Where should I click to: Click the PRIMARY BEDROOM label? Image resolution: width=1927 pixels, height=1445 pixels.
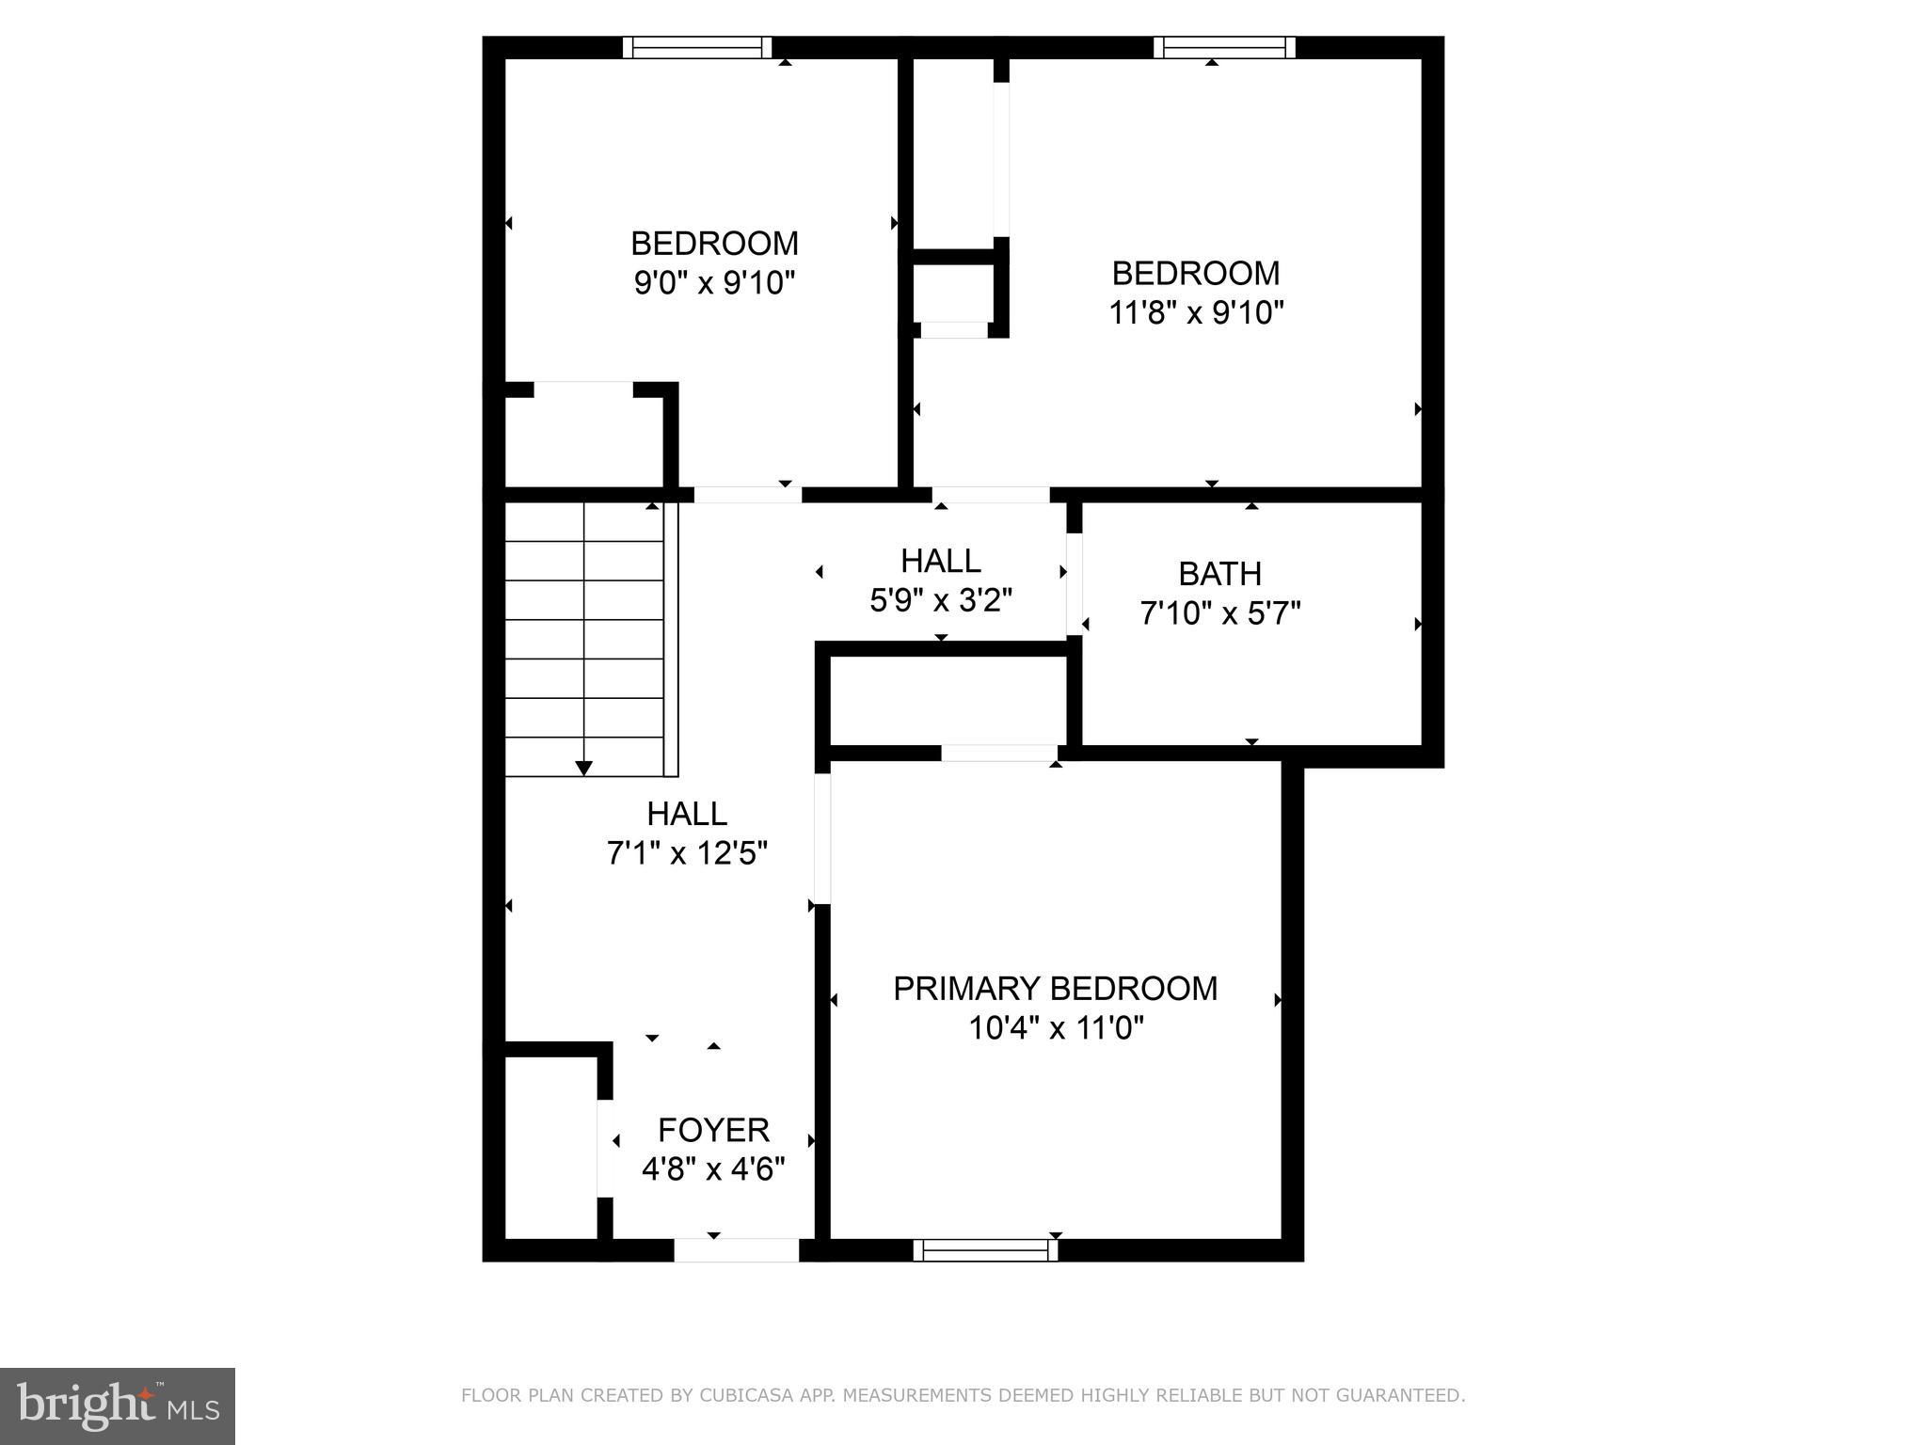[x=1055, y=989]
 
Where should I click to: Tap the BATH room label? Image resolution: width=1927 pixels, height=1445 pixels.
[x=1219, y=574]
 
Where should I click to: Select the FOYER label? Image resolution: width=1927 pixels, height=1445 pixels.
[x=713, y=1130]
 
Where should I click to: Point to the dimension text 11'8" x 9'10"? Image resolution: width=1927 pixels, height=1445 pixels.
[x=1196, y=312]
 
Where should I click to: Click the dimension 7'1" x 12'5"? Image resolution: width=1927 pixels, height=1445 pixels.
[x=687, y=853]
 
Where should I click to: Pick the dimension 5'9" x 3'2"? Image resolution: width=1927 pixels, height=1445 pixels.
[x=941, y=600]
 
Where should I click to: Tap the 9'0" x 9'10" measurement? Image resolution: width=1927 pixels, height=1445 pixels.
[x=714, y=282]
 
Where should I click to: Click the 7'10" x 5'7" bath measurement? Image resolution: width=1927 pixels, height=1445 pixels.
[x=1219, y=614]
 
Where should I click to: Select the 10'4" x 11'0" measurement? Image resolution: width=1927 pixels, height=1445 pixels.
[x=1056, y=1028]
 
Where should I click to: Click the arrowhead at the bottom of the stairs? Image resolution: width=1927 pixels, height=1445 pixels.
[x=583, y=768]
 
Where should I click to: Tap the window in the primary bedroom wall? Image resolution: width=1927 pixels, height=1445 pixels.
[x=985, y=1249]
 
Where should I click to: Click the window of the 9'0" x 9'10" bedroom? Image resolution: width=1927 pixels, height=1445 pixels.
[x=696, y=47]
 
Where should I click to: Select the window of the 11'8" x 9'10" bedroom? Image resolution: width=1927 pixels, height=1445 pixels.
[x=1224, y=47]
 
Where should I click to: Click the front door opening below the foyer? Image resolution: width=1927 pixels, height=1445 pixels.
[x=736, y=1249]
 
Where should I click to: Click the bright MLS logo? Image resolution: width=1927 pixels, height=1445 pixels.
[x=118, y=1405]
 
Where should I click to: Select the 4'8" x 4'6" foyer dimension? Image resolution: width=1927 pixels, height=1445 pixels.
[x=713, y=1169]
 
